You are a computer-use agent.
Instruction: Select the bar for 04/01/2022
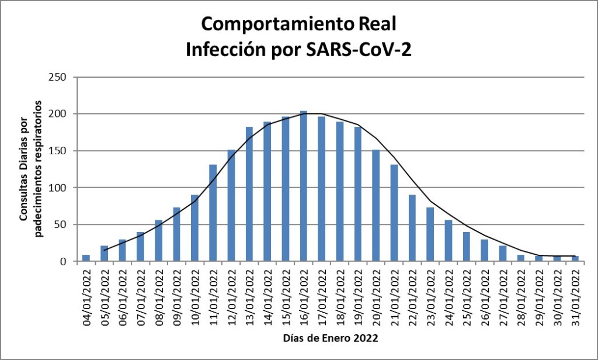point(86,258)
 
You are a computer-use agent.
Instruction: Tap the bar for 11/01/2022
point(213,213)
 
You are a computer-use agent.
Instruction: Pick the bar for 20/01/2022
point(376,205)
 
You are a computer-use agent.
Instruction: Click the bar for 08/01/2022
point(158,240)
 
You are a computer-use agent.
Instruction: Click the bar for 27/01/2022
point(502,253)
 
